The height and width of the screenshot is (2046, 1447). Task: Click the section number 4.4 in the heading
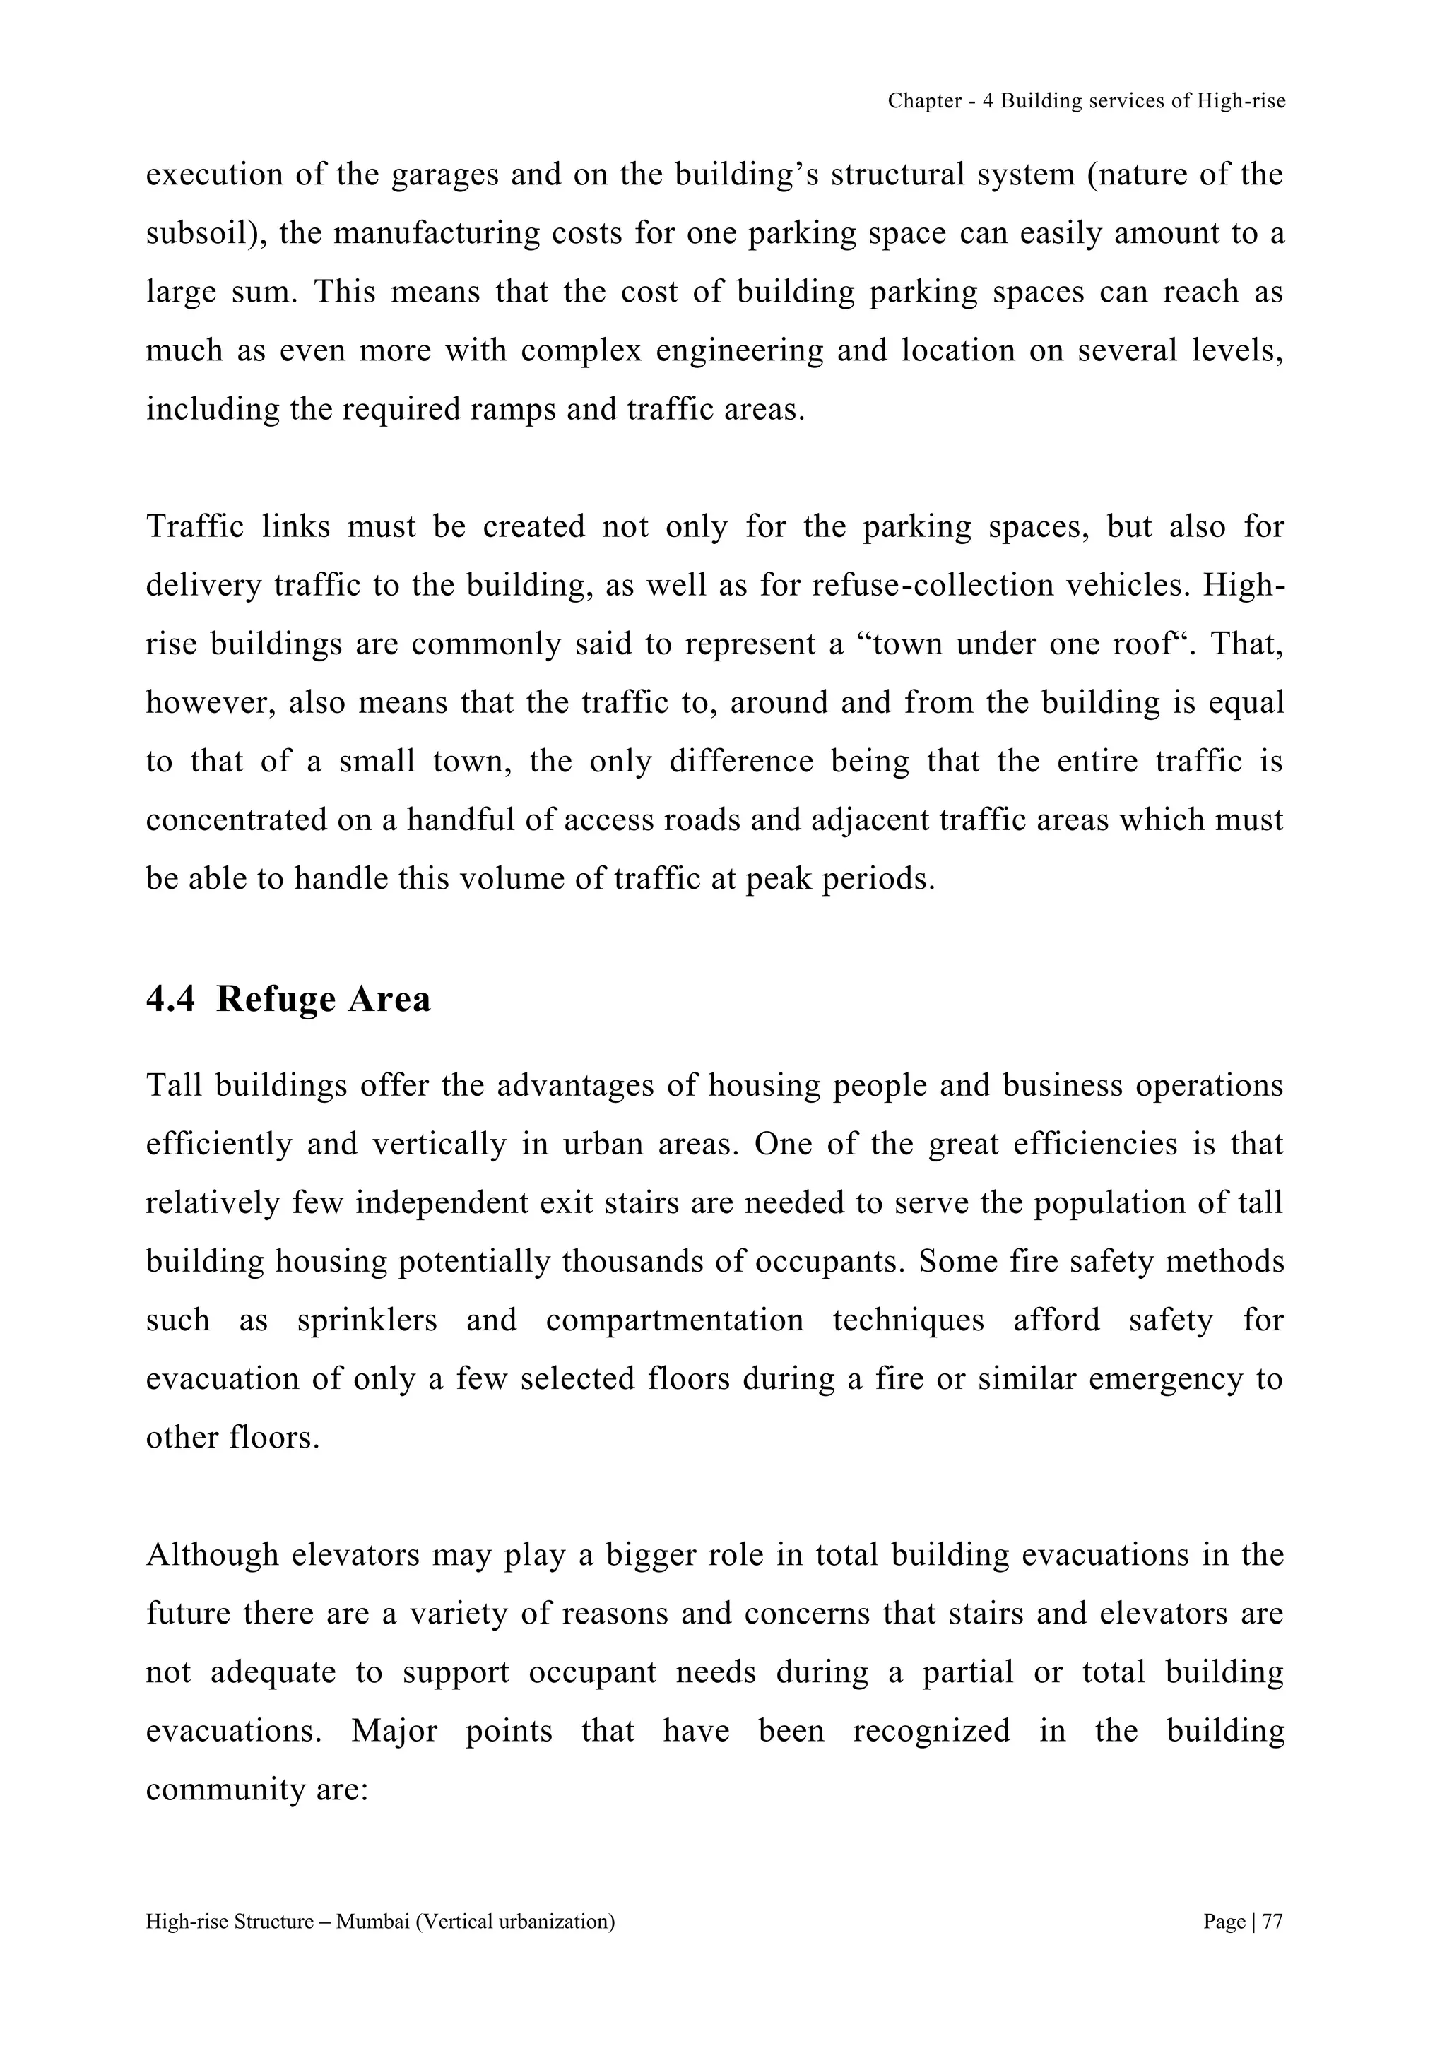170,1000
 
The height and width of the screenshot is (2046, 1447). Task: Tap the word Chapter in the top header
923,102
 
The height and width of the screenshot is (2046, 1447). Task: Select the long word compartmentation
675,1320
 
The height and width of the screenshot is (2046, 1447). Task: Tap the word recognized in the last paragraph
931,1730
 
